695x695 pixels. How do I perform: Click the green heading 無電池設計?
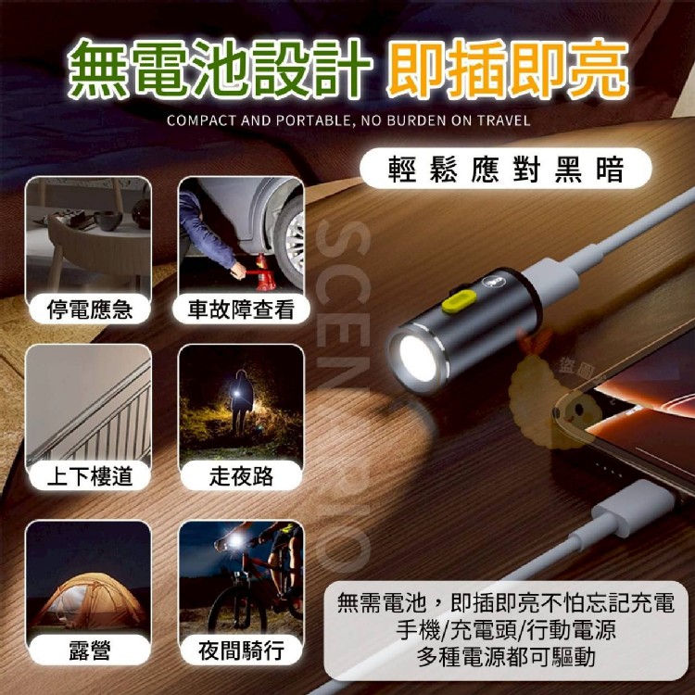(x=220, y=69)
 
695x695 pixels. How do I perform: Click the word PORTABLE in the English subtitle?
(x=312, y=120)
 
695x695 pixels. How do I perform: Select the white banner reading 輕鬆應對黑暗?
(x=505, y=169)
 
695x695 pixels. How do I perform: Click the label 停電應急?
(x=90, y=309)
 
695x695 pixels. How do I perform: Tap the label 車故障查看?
(x=241, y=309)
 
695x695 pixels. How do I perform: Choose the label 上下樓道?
(x=90, y=476)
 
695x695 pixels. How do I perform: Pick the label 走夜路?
(x=241, y=476)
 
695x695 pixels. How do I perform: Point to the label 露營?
(x=90, y=651)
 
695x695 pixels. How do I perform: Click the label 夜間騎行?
(x=241, y=651)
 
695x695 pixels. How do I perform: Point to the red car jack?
(x=260, y=272)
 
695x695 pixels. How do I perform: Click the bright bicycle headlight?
(x=235, y=540)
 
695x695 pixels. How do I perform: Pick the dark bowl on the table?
(x=107, y=221)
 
